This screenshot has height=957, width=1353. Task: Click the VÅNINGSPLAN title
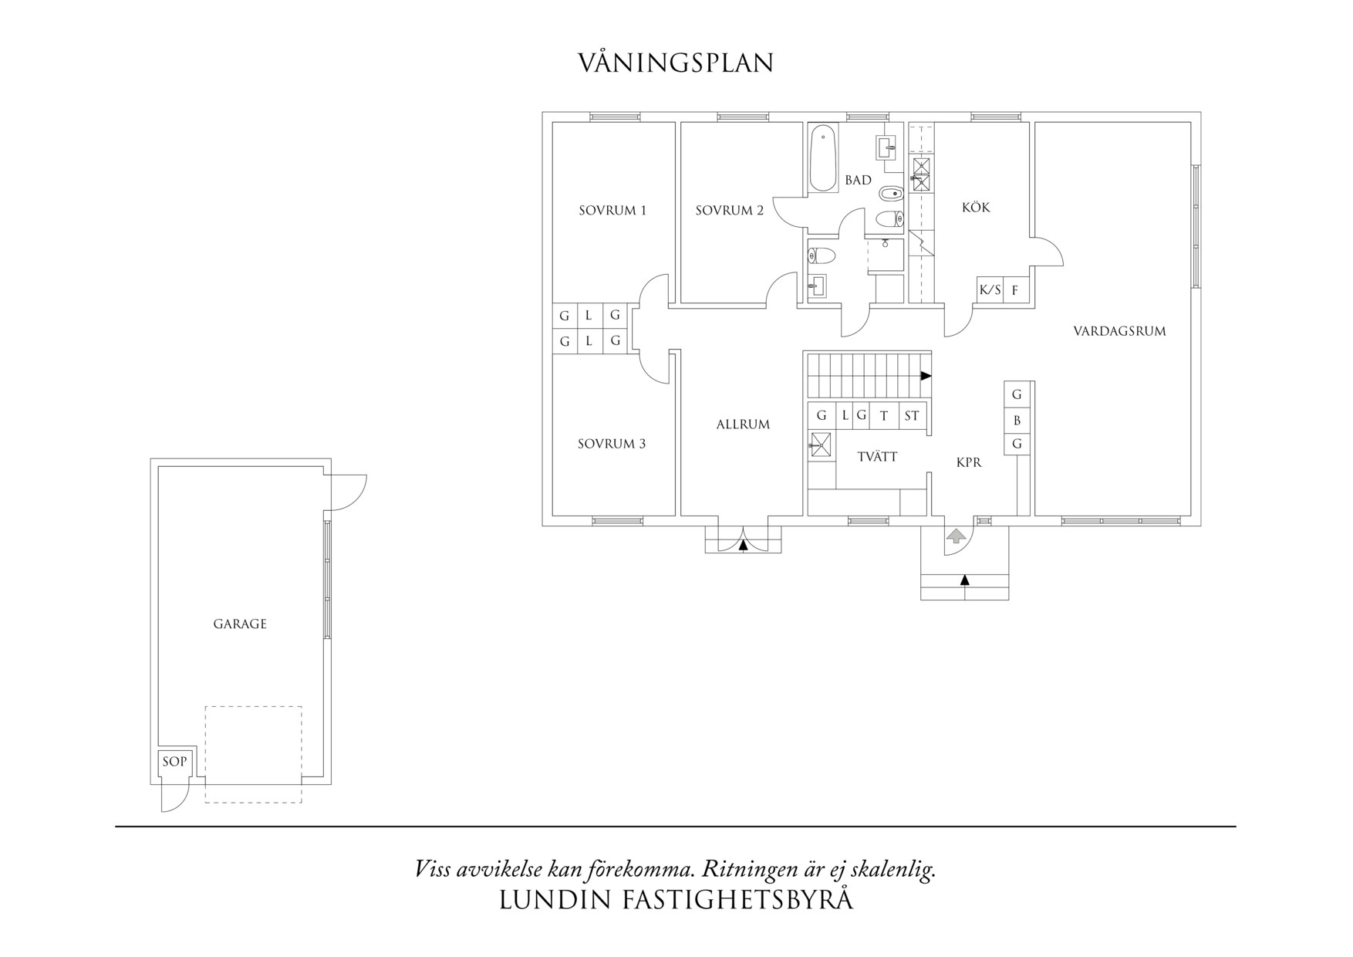(676, 63)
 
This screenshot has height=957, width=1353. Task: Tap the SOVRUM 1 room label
(612, 210)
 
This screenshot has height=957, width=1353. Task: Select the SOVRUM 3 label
(611, 444)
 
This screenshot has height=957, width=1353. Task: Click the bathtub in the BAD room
(823, 158)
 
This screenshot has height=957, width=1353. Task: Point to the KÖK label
(976, 207)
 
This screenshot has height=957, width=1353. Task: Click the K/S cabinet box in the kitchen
(990, 290)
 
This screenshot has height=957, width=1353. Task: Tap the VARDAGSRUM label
(1119, 331)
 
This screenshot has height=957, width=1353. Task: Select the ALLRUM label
(743, 424)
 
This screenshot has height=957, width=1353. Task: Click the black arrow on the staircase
(926, 376)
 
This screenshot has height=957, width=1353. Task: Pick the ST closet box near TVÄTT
(912, 416)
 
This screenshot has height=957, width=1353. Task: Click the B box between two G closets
(1017, 421)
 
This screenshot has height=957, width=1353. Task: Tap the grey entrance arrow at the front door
(956, 535)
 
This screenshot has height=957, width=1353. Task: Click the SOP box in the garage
(174, 762)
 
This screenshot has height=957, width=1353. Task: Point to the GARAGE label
(240, 624)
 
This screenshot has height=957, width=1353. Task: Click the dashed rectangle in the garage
(253, 754)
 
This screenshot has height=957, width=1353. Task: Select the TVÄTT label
(877, 457)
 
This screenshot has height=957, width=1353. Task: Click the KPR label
(969, 462)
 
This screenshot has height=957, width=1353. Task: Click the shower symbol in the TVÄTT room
(821, 446)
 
